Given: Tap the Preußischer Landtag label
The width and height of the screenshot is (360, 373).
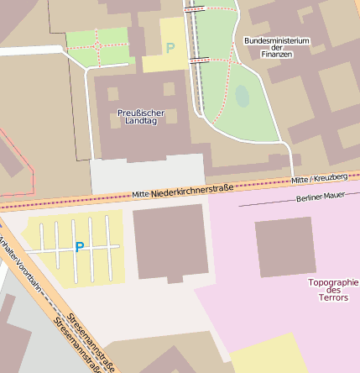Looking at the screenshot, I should [141, 117].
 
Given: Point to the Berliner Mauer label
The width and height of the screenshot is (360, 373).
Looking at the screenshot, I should [321, 197].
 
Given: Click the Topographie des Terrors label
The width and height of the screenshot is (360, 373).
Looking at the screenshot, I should [333, 290].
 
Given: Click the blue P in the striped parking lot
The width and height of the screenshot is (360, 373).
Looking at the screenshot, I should [80, 247].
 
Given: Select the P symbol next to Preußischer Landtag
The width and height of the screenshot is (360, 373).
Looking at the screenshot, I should [170, 49].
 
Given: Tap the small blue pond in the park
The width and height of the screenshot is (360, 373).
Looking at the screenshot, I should [243, 96].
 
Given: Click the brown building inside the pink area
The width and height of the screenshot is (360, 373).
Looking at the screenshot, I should [285, 247].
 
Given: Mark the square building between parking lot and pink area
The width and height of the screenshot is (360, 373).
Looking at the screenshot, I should [170, 241].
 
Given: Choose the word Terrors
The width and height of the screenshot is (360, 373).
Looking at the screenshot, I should [334, 298].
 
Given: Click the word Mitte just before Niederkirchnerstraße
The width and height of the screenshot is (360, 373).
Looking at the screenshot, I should [140, 194].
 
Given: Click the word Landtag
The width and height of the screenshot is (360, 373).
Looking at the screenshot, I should [141, 122].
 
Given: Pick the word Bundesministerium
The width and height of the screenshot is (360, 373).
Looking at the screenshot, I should [277, 40].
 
